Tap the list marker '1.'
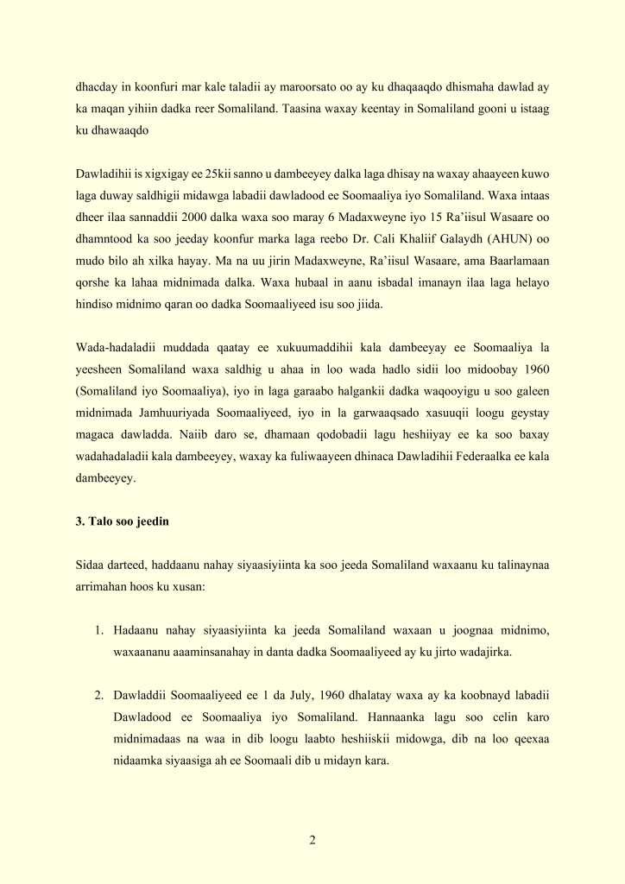coord(100,629)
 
